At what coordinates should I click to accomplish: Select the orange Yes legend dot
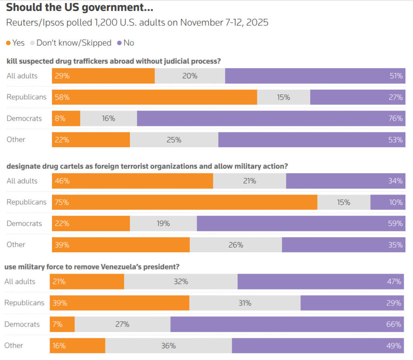click(8, 43)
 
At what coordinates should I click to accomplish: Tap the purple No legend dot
click(119, 43)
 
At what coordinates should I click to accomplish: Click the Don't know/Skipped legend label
click(74, 43)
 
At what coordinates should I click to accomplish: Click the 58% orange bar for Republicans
click(154, 97)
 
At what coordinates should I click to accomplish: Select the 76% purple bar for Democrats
click(271, 119)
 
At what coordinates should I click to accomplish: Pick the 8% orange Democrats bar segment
click(66, 119)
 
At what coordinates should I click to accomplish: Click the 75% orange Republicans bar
click(185, 203)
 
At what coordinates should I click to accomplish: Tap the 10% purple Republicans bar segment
click(388, 203)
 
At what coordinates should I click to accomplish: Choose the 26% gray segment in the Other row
click(236, 245)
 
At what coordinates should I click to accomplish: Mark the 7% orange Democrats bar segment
click(62, 324)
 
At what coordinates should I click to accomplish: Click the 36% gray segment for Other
click(169, 346)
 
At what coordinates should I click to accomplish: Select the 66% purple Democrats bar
click(287, 324)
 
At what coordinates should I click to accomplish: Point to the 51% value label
click(396, 76)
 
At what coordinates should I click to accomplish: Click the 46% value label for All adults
click(62, 181)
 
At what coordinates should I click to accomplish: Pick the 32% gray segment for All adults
click(181, 282)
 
